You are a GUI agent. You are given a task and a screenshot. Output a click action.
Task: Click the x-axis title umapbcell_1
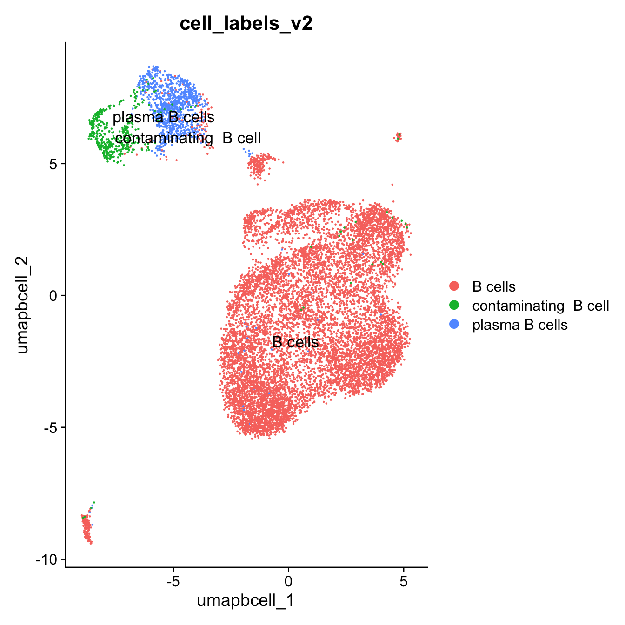click(246, 600)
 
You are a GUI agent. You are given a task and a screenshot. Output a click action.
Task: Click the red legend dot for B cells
click(454, 286)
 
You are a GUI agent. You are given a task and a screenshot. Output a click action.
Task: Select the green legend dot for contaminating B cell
click(454, 305)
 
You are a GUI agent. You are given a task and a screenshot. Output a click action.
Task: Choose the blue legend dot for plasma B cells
click(454, 324)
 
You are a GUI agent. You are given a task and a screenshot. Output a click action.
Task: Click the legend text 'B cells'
click(494, 286)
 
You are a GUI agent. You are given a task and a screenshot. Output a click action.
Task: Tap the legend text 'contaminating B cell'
click(540, 306)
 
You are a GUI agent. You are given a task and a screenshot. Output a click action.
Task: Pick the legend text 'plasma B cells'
click(520, 325)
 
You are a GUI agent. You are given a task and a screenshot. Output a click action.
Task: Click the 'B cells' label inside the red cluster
click(296, 342)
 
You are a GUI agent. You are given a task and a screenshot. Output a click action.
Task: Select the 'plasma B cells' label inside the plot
click(164, 117)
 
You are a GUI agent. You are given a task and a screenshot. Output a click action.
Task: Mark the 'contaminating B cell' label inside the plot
click(188, 138)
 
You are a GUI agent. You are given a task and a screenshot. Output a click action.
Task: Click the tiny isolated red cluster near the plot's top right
click(398, 137)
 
